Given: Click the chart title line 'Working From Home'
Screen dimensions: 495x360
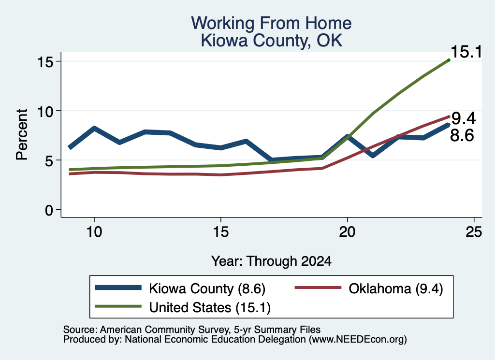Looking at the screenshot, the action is point(271,23).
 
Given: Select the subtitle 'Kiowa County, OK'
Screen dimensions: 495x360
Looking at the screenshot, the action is point(272,41).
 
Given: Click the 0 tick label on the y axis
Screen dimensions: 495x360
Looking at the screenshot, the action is point(49,210).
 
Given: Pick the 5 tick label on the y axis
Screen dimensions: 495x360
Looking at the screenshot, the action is point(49,160).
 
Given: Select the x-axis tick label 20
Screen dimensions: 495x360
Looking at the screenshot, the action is point(347,232).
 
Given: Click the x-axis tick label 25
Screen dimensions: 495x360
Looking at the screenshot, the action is point(474,232).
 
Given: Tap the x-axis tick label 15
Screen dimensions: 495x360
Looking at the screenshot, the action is point(220,232).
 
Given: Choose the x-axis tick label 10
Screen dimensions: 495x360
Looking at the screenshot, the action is point(94,232).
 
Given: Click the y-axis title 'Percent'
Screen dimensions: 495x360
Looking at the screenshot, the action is point(22,135).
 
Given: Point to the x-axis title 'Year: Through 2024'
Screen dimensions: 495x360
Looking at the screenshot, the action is point(271,261).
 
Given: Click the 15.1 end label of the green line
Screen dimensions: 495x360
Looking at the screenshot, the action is point(466,52).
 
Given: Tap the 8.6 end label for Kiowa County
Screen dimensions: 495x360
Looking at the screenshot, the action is point(462,135).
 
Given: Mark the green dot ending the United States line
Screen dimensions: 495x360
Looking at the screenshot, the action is point(449,60).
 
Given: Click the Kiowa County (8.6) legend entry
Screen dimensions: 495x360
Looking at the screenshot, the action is point(180,288).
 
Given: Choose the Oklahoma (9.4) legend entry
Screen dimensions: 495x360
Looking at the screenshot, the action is point(369,288).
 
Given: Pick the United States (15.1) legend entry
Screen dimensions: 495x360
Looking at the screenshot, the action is point(182,307).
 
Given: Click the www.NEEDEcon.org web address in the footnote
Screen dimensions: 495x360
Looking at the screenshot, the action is point(358,340).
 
